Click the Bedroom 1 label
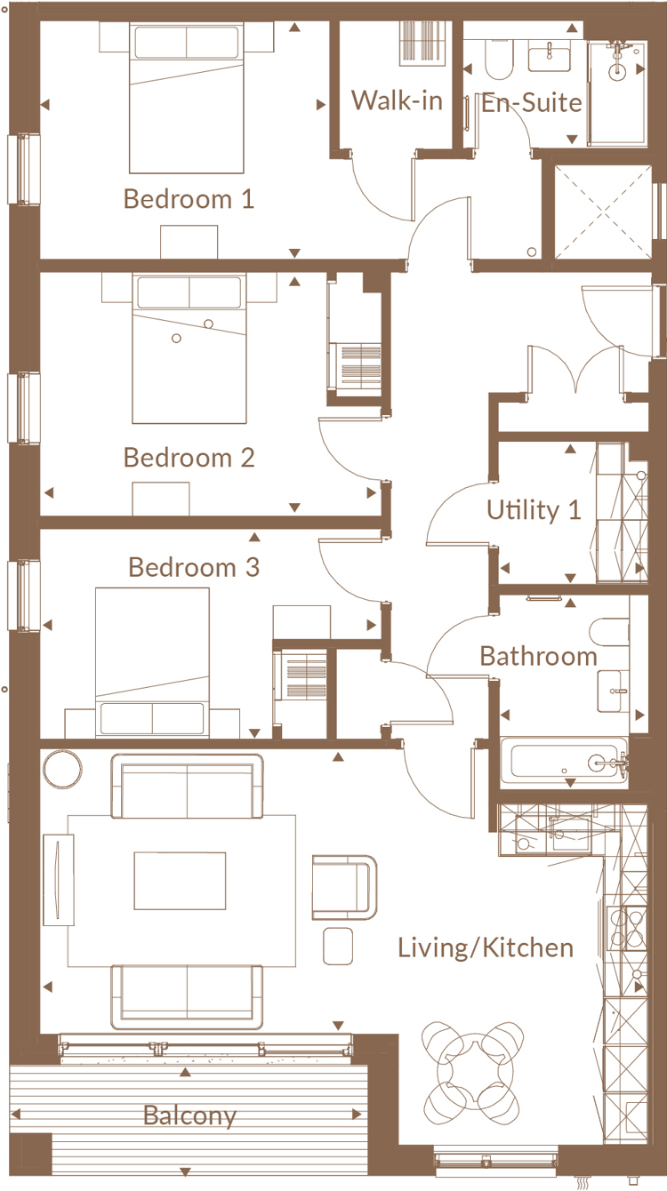click(189, 199)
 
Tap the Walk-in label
click(397, 100)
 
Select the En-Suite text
click(531, 102)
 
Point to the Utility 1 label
click(534, 510)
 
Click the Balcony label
click(190, 1115)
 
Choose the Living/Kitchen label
click(486, 948)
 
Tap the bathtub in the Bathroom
click(564, 762)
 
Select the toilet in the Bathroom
click(609, 633)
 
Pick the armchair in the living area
click(345, 887)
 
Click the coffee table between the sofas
click(180, 881)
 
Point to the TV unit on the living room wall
click(58, 880)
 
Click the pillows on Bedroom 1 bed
click(186, 43)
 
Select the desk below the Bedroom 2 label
click(161, 499)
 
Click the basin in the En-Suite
click(549, 57)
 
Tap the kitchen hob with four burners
click(627, 928)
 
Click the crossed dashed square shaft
click(603, 212)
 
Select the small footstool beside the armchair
click(338, 946)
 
